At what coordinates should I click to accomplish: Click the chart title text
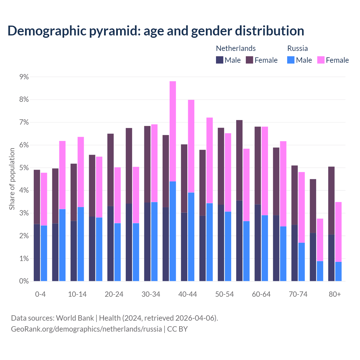pyautogui.click(x=156, y=31)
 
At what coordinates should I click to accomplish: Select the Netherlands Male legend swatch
pyautogui.click(x=219, y=60)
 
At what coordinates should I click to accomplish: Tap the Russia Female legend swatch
pyautogui.click(x=321, y=60)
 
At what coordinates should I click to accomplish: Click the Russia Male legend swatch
pyautogui.click(x=291, y=60)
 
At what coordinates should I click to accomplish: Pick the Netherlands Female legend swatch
pyautogui.click(x=249, y=60)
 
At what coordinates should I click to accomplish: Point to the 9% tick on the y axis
pyautogui.click(x=24, y=77)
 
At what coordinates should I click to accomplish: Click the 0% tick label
pyautogui.click(x=24, y=281)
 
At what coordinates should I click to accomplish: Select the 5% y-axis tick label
pyautogui.click(x=24, y=168)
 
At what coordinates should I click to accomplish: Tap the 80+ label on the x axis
pyautogui.click(x=335, y=294)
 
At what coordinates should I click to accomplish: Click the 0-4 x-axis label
pyautogui.click(x=40, y=294)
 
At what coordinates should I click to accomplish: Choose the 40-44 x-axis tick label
pyautogui.click(x=188, y=294)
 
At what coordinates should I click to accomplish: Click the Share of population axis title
pyautogui.click(x=12, y=179)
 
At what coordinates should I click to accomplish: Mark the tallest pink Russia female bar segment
pyautogui.click(x=173, y=131)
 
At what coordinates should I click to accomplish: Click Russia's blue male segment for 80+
pyautogui.click(x=338, y=271)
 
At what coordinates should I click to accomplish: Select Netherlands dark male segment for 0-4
pyautogui.click(x=37, y=252)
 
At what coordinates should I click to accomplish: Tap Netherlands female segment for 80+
pyautogui.click(x=331, y=201)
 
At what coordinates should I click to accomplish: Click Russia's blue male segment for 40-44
pyautogui.click(x=191, y=237)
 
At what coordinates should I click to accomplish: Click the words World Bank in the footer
pyautogui.click(x=75, y=318)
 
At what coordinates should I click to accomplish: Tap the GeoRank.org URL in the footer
pyautogui.click(x=86, y=329)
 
